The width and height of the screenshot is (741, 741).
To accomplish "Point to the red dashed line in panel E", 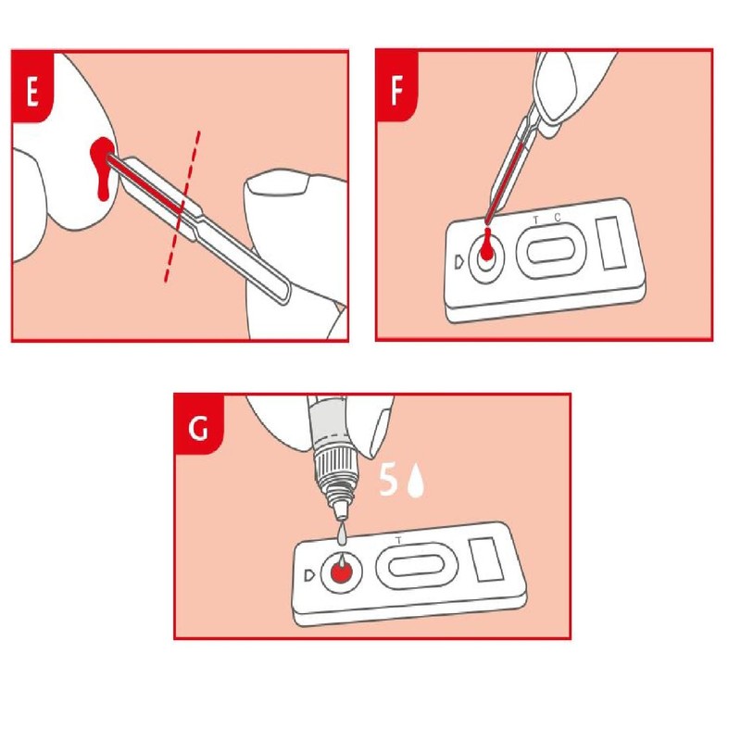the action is [181, 208].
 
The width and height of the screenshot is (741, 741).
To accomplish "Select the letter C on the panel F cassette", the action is [558, 219].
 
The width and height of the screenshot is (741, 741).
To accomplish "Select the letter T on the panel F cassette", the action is [536, 220].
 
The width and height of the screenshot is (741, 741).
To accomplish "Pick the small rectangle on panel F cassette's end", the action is [612, 243].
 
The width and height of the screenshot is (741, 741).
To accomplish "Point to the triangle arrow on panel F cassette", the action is [460, 259].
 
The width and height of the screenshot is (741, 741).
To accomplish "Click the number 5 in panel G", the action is [390, 481].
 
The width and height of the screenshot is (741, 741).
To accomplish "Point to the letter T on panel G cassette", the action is [398, 539].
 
